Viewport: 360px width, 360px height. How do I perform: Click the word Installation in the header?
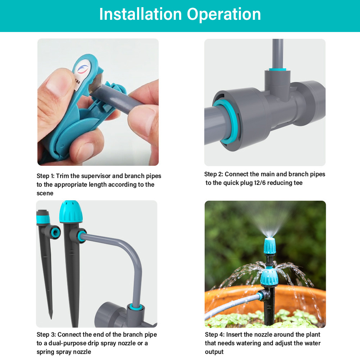tap(140, 14)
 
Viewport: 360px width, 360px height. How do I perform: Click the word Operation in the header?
tap(224, 14)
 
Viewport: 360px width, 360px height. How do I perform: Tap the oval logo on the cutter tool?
tap(82, 68)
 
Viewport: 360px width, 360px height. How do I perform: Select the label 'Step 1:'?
tap(45, 176)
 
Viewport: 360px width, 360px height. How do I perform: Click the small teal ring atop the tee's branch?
tap(277, 68)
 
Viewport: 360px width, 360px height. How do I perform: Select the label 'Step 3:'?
tap(46, 335)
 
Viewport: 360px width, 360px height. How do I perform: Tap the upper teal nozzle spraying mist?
tap(270, 245)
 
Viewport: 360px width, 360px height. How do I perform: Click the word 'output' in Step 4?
tap(214, 352)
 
